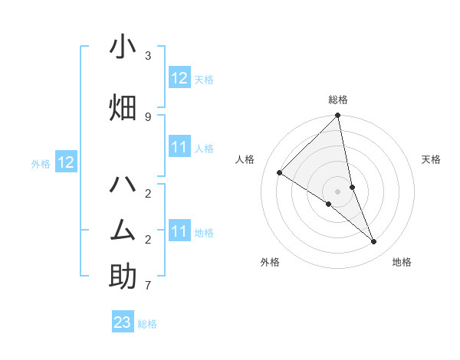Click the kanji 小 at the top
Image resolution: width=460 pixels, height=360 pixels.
click(x=123, y=47)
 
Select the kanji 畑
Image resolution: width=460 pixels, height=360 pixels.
click(x=123, y=107)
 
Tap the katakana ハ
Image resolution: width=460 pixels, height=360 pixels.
click(x=123, y=185)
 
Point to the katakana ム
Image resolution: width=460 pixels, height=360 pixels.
click(x=123, y=229)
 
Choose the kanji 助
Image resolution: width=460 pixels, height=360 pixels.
click(x=123, y=276)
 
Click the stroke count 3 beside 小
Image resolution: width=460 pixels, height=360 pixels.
click(x=148, y=56)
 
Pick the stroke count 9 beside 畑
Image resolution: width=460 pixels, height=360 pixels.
click(x=148, y=116)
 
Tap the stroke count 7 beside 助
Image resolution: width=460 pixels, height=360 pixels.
click(x=148, y=286)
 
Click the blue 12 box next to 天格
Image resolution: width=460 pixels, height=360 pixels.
click(x=179, y=77)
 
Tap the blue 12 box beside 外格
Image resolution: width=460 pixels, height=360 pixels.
click(x=66, y=162)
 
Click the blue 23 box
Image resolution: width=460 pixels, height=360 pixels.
click(x=123, y=322)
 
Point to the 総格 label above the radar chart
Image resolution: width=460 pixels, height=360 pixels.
click(x=338, y=100)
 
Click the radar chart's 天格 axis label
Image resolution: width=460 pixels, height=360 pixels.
click(x=431, y=159)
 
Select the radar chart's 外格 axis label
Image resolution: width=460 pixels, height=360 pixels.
click(x=270, y=262)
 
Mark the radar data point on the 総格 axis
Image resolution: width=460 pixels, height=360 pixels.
click(x=338, y=116)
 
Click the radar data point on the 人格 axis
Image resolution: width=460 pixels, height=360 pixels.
click(x=280, y=172)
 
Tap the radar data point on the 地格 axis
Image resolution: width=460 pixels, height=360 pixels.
click(x=374, y=241)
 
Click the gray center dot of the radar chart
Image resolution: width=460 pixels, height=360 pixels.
click(x=338, y=191)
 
